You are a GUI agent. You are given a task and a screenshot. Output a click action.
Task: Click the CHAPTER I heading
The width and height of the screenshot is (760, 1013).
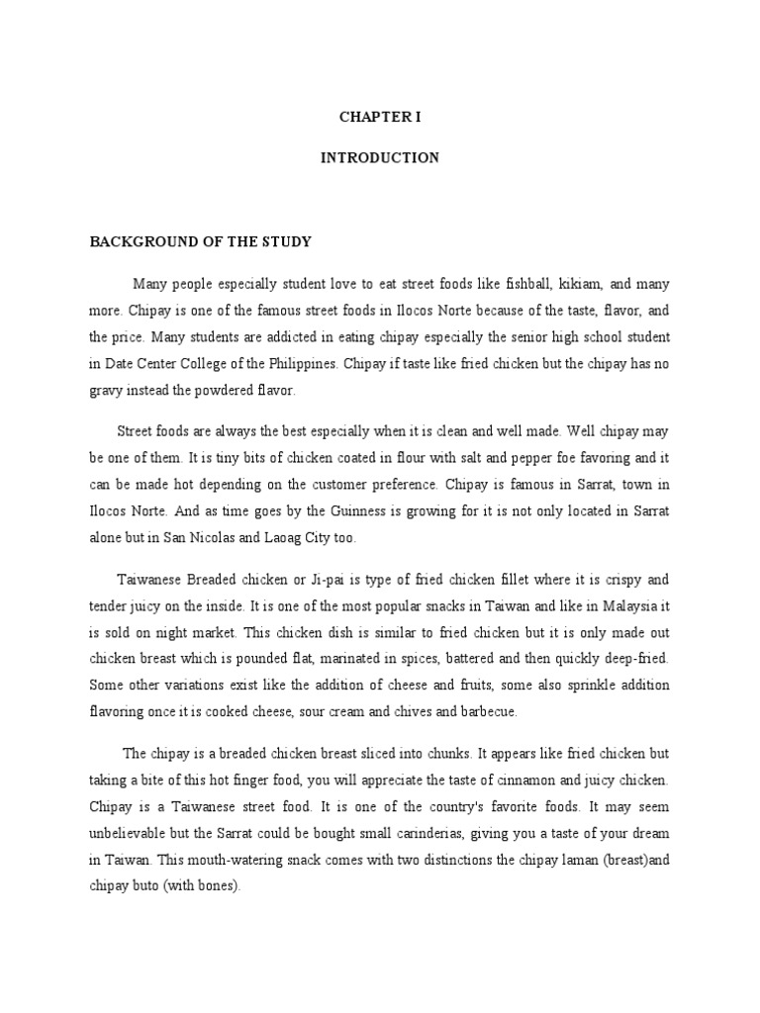point(380,117)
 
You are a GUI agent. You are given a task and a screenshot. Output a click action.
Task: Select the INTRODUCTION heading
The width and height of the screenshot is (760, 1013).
point(380,158)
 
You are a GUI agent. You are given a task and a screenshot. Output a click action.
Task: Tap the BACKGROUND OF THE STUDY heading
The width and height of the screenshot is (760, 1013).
point(201,241)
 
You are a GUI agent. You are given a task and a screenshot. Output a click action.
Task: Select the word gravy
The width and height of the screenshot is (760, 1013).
point(106,391)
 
